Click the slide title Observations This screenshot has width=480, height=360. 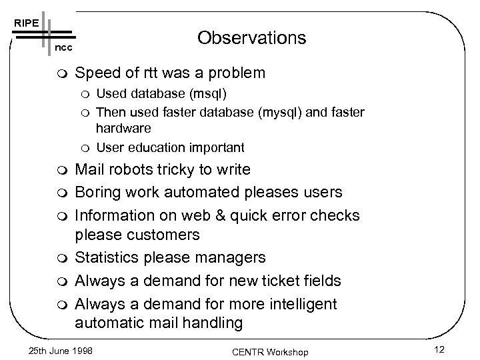pyautogui.click(x=252, y=38)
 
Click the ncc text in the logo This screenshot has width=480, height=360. pyautogui.click(x=63, y=49)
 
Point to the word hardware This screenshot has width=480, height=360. pyautogui.click(x=123, y=127)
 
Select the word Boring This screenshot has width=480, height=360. pyautogui.click(x=98, y=193)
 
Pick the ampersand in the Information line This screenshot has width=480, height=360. pyautogui.click(x=204, y=215)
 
